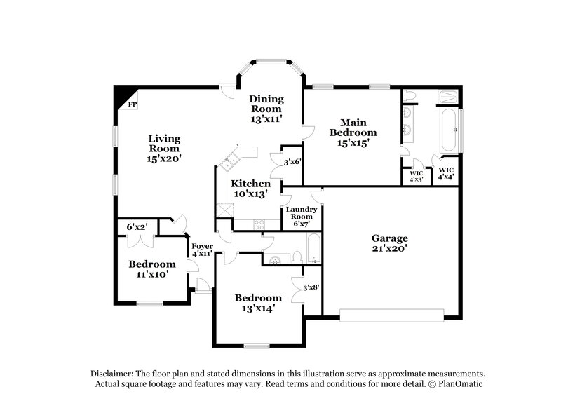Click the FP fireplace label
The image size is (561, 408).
(131, 104)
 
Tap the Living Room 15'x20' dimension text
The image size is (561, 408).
(164, 158)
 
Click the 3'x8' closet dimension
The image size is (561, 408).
(311, 286)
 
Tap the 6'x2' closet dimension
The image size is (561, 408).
(137, 227)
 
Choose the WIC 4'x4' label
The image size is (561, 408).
(447, 173)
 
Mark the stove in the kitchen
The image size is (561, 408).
(259, 225)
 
